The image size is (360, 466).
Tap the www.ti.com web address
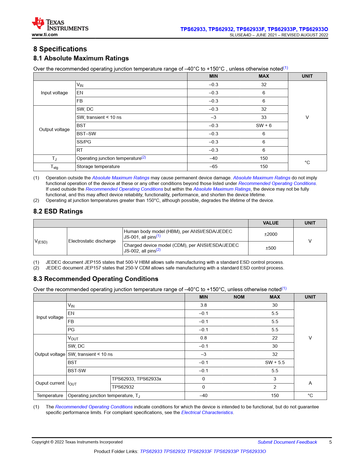point(45,35)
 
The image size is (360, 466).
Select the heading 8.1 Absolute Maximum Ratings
point(81,58)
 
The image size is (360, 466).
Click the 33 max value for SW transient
point(264,117)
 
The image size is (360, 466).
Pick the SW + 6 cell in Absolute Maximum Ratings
point(264,126)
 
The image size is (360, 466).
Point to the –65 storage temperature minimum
point(213,167)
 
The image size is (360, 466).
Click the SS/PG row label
point(84,142)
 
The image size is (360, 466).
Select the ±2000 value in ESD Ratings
point(270,234)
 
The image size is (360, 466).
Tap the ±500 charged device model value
point(270,248)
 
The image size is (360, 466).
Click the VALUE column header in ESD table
point(270,223)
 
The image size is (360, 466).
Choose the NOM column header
point(239,297)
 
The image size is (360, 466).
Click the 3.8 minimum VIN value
point(203,305)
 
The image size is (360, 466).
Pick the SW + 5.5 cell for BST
point(275,363)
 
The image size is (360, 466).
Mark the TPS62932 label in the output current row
point(123,387)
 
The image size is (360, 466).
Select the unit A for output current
point(310,383)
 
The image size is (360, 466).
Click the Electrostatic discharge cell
point(92,241)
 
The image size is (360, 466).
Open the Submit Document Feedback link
point(287,442)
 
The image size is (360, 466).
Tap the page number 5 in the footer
point(330,442)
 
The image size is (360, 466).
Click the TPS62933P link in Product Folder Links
point(226,452)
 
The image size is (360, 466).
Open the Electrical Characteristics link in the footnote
point(207,413)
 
